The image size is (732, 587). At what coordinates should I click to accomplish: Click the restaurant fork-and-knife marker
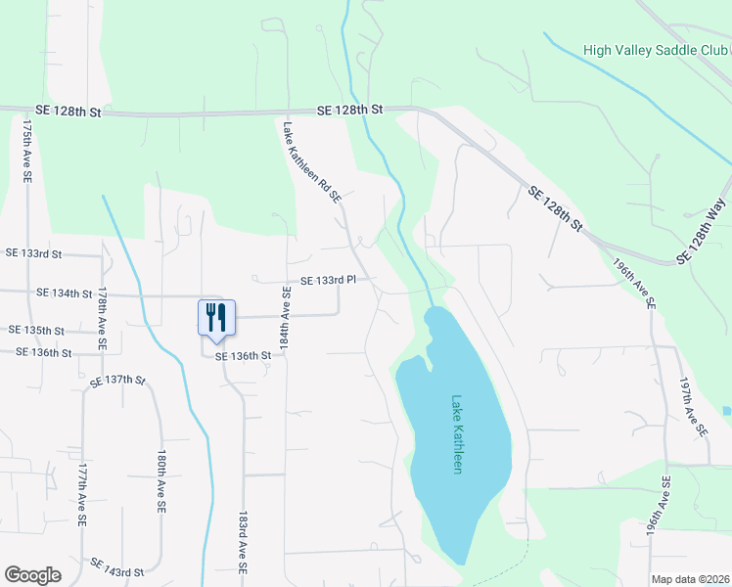pyautogui.click(x=217, y=318)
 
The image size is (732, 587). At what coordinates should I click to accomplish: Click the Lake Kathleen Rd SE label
pyautogui.click(x=312, y=161)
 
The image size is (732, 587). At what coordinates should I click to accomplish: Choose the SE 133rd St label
pyautogui.click(x=33, y=253)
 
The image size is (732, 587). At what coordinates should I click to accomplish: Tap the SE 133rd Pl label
pyautogui.click(x=327, y=280)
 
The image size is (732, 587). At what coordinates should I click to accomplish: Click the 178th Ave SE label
pyautogui.click(x=101, y=320)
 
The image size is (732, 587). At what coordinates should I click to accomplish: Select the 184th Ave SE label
pyautogui.click(x=286, y=319)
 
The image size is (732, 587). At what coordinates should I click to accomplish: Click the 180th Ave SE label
pyautogui.click(x=160, y=482)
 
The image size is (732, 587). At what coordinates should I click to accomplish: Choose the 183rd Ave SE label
pyautogui.click(x=243, y=540)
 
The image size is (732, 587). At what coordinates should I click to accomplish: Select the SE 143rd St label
pyautogui.click(x=117, y=565)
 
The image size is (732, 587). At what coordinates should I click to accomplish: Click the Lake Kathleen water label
pyautogui.click(x=456, y=434)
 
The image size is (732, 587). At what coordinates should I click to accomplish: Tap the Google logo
pyautogui.click(x=33, y=574)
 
